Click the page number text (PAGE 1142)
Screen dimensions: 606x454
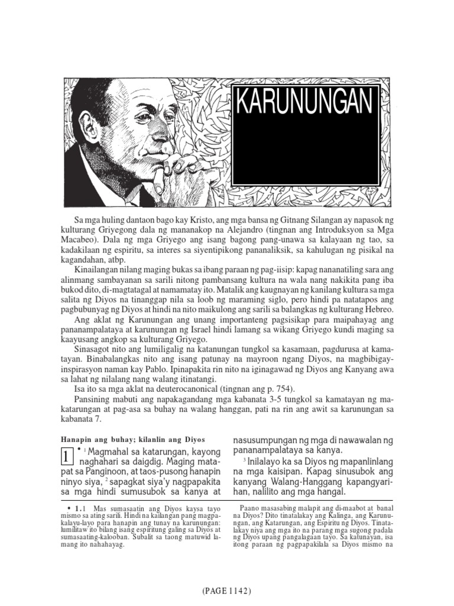[x=227, y=590]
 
